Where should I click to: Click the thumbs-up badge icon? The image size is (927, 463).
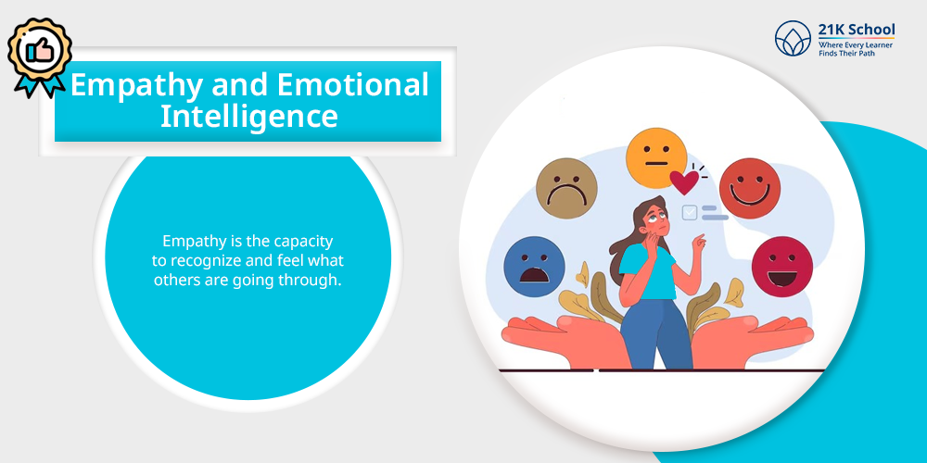(40, 56)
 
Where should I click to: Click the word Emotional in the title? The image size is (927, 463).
(353, 84)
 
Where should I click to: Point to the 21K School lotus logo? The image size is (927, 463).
(793, 38)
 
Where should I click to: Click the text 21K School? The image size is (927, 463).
(857, 30)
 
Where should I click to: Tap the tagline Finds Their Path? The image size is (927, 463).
(846, 53)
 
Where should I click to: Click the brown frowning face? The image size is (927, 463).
(566, 188)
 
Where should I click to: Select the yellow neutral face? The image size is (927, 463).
(656, 158)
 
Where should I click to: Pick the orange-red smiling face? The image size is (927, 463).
(750, 188)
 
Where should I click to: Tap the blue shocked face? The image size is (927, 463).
(535, 267)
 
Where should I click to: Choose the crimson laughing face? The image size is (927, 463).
(782, 267)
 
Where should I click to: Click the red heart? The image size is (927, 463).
(685, 182)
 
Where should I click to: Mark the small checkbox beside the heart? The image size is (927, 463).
(690, 213)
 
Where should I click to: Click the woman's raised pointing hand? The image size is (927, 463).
(699, 242)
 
